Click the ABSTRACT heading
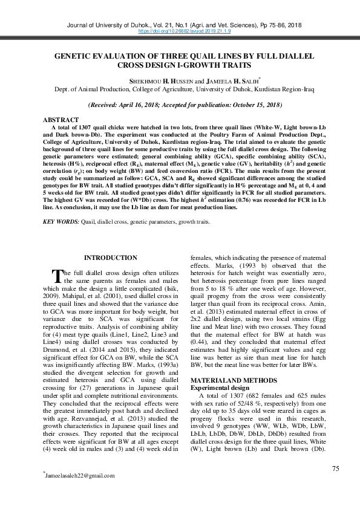pos(61,119)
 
